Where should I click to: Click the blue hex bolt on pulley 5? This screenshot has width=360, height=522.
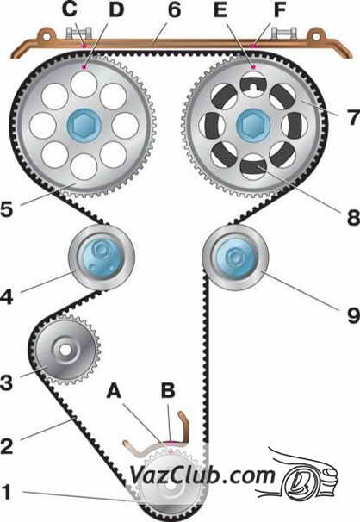click(84, 125)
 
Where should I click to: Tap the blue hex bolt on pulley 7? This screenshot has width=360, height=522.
click(253, 125)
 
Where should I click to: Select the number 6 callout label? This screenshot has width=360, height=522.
click(174, 10)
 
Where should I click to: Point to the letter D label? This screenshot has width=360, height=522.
click(116, 9)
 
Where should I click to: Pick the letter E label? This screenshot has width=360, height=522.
click(220, 9)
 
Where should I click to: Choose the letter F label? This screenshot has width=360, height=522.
click(280, 9)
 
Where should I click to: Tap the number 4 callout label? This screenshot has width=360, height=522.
click(7, 296)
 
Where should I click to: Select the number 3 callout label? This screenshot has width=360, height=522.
click(7, 382)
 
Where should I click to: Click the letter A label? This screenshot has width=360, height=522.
click(114, 390)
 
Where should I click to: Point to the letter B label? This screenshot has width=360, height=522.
click(168, 390)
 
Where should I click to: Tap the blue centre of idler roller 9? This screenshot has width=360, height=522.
click(236, 258)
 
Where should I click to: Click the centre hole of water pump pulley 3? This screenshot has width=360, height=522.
click(65, 349)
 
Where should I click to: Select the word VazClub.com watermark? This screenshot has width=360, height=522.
click(202, 475)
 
